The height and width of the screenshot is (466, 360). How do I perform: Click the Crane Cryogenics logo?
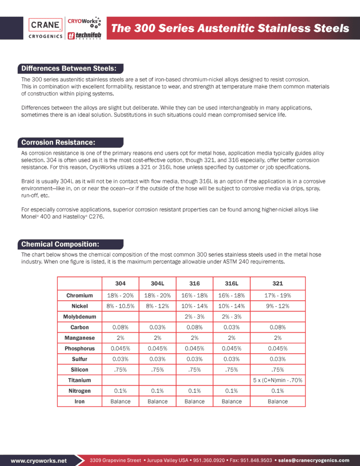[x=46, y=28]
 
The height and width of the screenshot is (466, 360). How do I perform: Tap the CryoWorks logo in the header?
[x=84, y=22]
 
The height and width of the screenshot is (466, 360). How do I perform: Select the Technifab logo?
[x=84, y=35]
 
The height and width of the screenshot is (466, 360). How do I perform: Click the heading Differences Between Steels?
[x=70, y=69]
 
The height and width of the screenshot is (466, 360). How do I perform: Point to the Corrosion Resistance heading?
[x=58, y=142]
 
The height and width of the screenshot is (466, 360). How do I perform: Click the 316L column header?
[x=232, y=284]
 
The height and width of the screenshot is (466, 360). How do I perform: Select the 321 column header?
[x=278, y=284]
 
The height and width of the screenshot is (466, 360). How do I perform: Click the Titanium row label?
[x=79, y=380]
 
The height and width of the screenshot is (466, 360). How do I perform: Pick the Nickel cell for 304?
[x=120, y=306]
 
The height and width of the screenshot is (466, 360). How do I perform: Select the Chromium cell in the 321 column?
[x=278, y=296]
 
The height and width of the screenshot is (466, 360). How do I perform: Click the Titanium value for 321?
[x=278, y=380]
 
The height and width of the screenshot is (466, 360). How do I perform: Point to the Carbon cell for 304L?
[x=157, y=327]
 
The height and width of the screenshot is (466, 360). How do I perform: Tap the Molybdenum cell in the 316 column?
[x=194, y=317]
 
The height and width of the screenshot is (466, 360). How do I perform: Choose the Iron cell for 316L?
[x=232, y=401]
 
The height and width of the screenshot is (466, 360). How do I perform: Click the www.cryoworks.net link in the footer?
[x=39, y=461]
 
